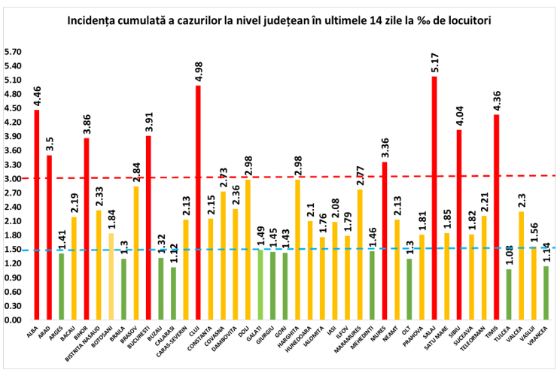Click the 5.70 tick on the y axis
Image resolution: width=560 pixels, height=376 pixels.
13,52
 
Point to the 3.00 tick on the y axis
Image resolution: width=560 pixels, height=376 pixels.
13,179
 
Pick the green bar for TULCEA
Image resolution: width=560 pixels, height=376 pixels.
509,294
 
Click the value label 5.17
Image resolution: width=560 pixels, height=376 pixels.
434,62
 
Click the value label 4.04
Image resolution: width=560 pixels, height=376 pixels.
459,117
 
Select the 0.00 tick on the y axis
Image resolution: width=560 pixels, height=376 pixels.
13,320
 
